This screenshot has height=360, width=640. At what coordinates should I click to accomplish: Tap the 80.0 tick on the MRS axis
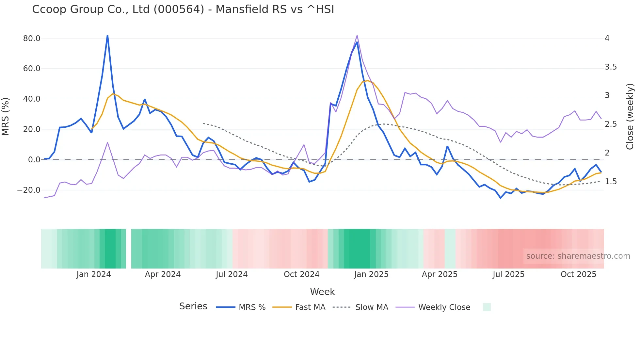32,39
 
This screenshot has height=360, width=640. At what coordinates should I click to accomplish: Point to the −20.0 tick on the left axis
29,190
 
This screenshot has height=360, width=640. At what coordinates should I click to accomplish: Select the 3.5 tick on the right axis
611,67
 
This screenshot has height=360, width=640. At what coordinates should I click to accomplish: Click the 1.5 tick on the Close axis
611,182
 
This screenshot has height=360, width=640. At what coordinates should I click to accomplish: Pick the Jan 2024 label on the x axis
94,274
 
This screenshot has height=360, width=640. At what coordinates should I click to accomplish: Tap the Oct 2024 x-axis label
301,274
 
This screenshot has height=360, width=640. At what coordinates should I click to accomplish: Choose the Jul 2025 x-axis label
508,274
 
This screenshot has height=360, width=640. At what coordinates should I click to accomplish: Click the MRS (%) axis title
6,117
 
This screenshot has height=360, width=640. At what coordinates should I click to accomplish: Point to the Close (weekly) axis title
630,117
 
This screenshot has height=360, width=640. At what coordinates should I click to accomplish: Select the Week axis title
322,292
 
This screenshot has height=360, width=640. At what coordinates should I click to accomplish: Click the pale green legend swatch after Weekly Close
487,307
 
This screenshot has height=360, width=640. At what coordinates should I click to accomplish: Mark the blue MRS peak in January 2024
107,36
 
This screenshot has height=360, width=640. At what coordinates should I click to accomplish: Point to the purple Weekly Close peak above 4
357,35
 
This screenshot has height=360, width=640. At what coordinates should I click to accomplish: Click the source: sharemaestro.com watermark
578,256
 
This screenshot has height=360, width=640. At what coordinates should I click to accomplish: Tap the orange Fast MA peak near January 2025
367,81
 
